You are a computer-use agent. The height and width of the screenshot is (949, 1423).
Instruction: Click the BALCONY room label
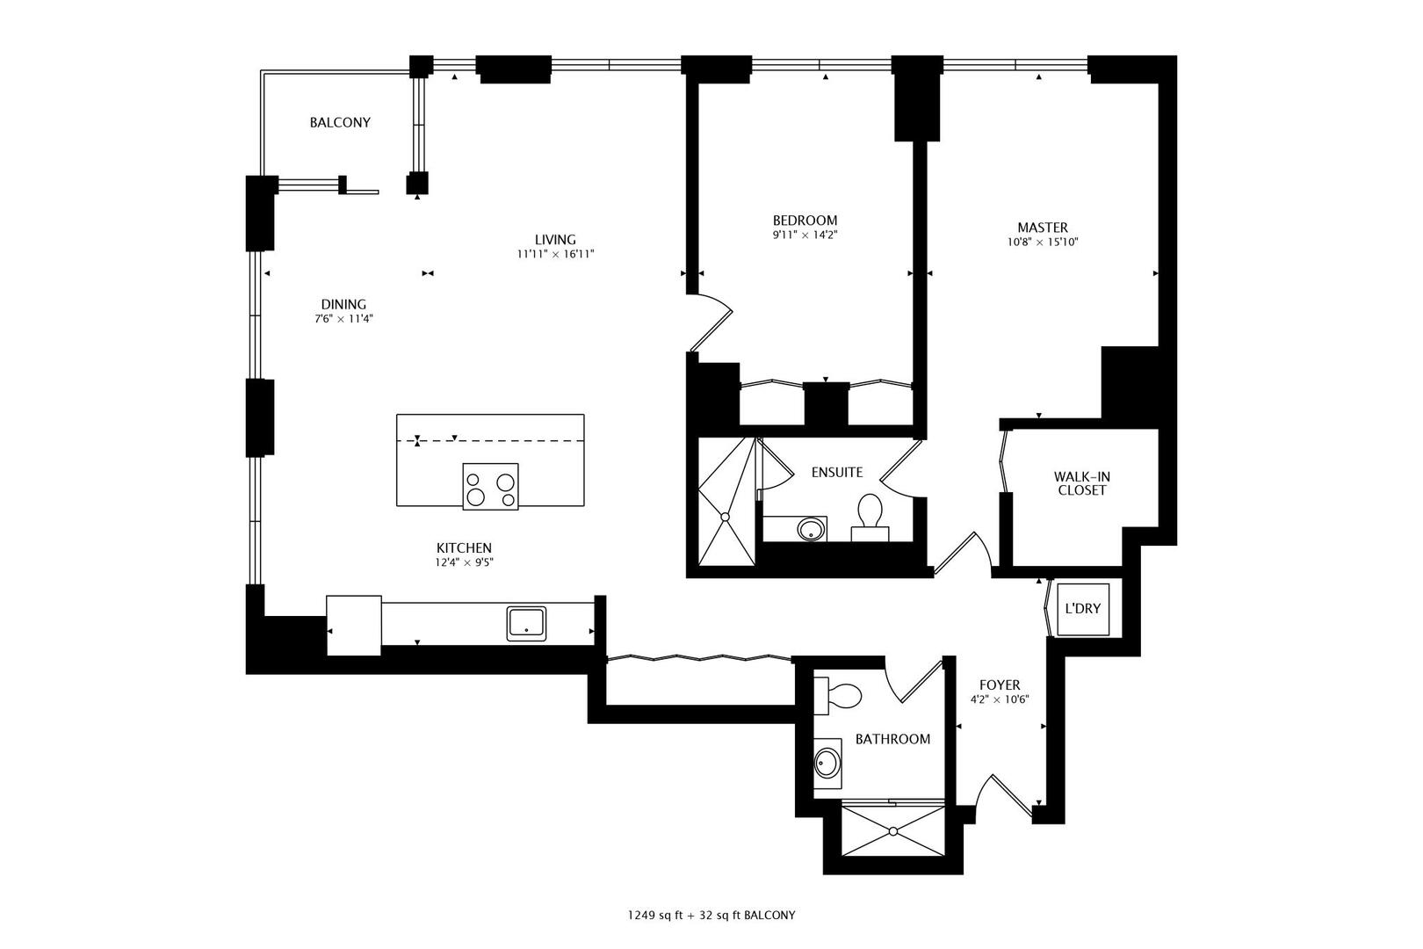[x=340, y=123]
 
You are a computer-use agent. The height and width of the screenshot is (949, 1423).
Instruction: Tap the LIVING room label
[x=555, y=240]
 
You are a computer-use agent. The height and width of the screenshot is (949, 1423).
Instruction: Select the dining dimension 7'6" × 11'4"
[x=344, y=319]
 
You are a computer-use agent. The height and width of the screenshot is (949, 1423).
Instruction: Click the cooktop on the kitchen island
[x=490, y=486]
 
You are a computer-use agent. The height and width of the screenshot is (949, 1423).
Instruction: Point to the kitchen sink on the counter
[x=526, y=623]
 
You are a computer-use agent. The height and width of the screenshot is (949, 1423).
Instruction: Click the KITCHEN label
[x=463, y=548]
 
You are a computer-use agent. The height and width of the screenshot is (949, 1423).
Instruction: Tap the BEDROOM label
[x=805, y=221]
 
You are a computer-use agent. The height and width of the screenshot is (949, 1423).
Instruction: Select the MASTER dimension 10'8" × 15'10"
[x=1043, y=242]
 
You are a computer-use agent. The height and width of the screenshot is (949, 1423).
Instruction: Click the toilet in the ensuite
[x=870, y=513]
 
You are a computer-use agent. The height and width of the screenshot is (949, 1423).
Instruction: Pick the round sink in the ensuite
[x=810, y=529]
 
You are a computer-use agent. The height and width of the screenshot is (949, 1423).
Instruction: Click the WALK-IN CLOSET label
[x=1081, y=483]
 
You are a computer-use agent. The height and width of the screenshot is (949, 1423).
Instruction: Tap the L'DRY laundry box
[x=1082, y=609]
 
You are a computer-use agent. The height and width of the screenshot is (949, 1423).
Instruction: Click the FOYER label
[x=1000, y=685]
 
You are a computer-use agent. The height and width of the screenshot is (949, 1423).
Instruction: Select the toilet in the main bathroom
[x=840, y=696]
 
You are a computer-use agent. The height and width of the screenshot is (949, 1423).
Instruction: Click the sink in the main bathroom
[x=826, y=764]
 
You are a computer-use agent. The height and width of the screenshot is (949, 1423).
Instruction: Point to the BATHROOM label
[x=892, y=740]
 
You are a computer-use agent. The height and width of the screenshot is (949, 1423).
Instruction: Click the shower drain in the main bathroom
[x=892, y=829]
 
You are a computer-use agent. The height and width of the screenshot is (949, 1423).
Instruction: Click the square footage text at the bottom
[x=711, y=915]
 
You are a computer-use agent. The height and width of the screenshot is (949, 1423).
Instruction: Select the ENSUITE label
[x=836, y=473]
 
